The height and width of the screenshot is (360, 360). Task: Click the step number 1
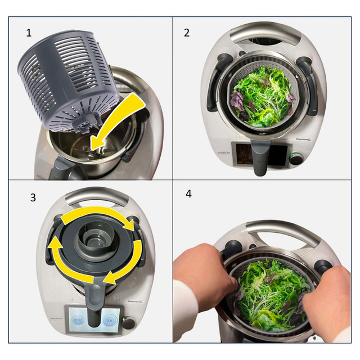coord(29,33)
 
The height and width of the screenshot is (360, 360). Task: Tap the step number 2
coord(187,32)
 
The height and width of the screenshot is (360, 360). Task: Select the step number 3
coord(33,197)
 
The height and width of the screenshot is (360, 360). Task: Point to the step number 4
coord(188,193)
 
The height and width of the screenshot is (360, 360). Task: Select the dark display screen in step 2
coord(243,154)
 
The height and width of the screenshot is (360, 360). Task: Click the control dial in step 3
coord(129,323)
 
